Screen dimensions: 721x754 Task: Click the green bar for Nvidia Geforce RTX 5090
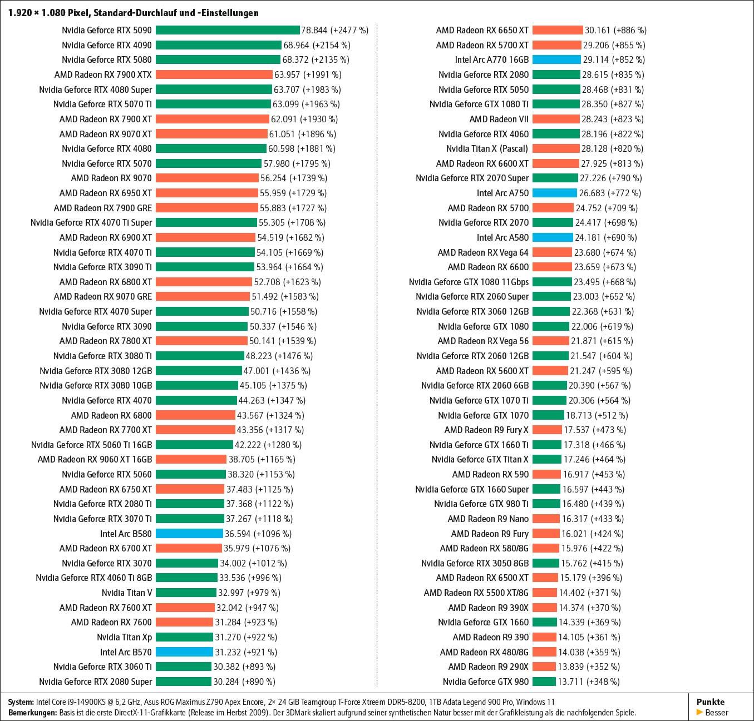(228, 30)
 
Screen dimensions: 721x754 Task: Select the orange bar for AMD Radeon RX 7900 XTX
(215, 74)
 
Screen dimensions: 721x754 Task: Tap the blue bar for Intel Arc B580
(189, 534)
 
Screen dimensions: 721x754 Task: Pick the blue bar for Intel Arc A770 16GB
(556, 59)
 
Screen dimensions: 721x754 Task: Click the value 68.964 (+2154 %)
(317, 45)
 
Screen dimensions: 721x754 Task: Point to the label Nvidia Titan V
(127, 593)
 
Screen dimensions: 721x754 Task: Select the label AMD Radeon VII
(499, 119)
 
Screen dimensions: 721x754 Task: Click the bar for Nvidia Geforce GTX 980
(544, 682)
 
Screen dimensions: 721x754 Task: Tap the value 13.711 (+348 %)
(589, 682)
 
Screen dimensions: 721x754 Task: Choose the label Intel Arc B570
(126, 652)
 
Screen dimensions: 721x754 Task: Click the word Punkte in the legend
(711, 702)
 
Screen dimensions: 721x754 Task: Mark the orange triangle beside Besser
(699, 712)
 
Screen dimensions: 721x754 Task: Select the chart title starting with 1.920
(133, 12)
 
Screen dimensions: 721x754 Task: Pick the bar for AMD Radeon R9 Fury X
(547, 430)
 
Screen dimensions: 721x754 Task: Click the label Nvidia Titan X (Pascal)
(487, 148)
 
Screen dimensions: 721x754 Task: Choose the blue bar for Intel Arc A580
(553, 237)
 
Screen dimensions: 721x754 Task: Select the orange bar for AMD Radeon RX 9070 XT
(211, 134)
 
